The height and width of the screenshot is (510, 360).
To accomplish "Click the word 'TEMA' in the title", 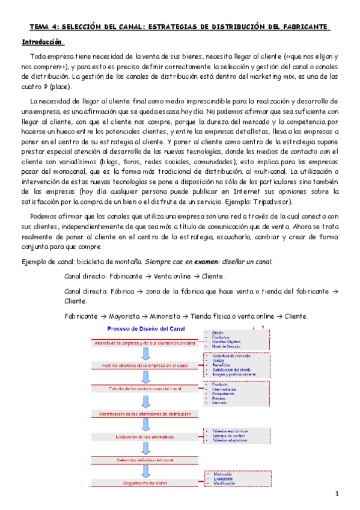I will tap(41, 26).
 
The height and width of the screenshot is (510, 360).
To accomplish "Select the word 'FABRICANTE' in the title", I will tap(304, 26).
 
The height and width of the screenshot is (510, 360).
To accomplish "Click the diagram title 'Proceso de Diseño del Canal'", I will tap(145, 328).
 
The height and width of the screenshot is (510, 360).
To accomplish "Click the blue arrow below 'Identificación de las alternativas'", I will tap(145, 425).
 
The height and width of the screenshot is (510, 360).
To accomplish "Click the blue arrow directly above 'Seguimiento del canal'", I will tap(145, 472).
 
